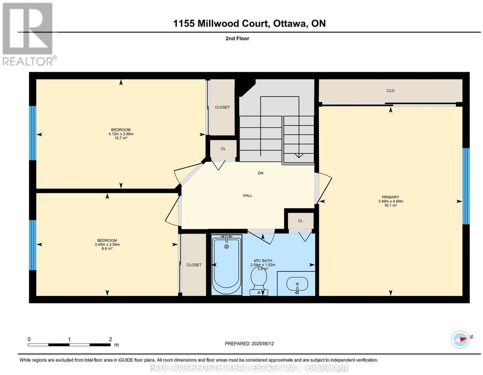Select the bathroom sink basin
click(x=297, y=284)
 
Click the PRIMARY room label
click(x=390, y=197)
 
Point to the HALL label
click(x=248, y=195)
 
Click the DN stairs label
click(x=261, y=173)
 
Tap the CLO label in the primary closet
click(x=391, y=91)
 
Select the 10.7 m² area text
click(x=121, y=138)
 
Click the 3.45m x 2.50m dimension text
click(x=107, y=244)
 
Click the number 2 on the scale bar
click(x=110, y=339)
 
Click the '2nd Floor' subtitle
click(x=237, y=38)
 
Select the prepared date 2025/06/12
click(x=263, y=344)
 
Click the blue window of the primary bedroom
click(x=466, y=186)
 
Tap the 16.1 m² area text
click(x=391, y=205)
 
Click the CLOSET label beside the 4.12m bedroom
click(x=222, y=107)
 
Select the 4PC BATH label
click(x=263, y=261)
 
